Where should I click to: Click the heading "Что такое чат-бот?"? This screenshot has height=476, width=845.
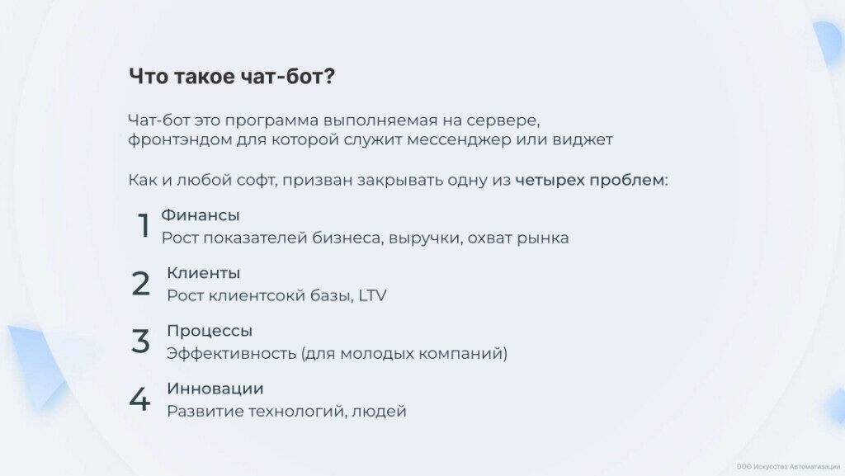[232, 77]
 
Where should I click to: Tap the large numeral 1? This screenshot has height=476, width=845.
[144, 225]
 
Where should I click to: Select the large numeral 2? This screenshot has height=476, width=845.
[140, 283]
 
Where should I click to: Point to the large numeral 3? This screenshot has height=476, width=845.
[140, 341]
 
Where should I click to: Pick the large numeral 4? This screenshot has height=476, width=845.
[139, 399]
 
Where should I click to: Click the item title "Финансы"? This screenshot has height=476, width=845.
[201, 214]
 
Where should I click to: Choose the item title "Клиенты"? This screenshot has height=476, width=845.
[204, 273]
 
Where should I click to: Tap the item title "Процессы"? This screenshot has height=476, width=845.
[210, 331]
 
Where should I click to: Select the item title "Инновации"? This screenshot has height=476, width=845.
[215, 389]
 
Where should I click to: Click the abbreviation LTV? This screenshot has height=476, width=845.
[372, 295]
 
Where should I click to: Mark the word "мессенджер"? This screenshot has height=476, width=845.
[459, 140]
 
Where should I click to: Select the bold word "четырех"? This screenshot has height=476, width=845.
[550, 181]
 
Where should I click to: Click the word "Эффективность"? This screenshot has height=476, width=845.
[231, 354]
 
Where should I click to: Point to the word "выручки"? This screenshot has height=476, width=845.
[425, 238]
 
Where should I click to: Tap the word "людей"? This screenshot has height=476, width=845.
[379, 412]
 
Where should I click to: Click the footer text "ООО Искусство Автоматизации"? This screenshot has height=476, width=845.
[788, 467]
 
